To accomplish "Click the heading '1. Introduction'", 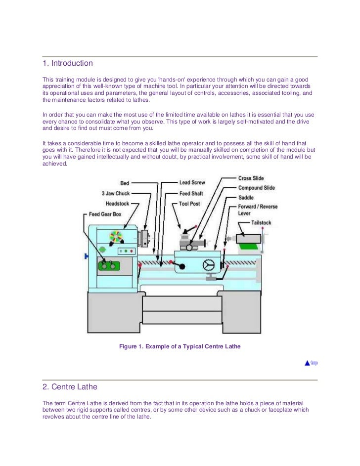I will tap(68, 63).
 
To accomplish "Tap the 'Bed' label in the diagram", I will tap(125, 183).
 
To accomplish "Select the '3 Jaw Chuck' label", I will tap(116, 193).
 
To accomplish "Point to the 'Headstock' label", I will tap(117, 204).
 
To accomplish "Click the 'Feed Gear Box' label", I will tap(105, 214).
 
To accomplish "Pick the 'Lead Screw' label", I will tap(192, 183).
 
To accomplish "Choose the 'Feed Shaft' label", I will tap(191, 193).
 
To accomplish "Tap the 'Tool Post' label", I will tap(189, 204).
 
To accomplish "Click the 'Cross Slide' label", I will tap(251, 178).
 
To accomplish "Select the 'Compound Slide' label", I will tap(257, 188).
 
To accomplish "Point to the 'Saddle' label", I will tap(246, 198).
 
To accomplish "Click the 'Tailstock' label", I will tap(261, 223).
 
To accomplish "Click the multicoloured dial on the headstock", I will tap(116, 237).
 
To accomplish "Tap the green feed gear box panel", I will tap(109, 266).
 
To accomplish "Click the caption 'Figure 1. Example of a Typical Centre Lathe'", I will tap(180, 346).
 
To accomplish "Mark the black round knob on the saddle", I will tap(182, 267).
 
